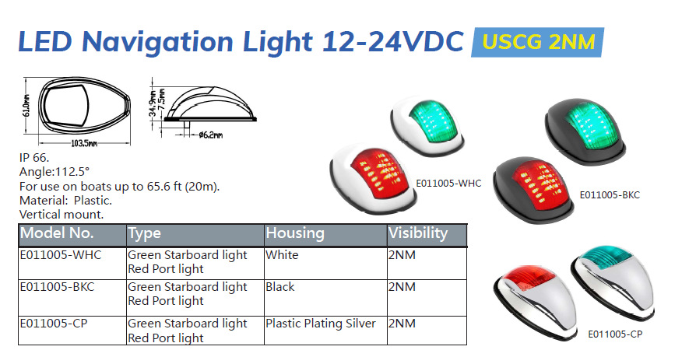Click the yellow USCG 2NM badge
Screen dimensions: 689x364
tap(538, 42)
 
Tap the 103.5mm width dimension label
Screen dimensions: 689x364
tap(84, 143)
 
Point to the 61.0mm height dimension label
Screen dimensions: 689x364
tap(26, 106)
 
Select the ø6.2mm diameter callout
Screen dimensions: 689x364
tap(210, 135)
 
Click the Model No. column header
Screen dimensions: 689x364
tap(57, 233)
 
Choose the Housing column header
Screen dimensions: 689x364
tap(295, 233)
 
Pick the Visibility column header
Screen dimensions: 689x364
tap(418, 233)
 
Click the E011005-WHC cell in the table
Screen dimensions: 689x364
tap(61, 255)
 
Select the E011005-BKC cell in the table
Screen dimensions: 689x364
tap(57, 287)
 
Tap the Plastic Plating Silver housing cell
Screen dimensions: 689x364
tap(320, 324)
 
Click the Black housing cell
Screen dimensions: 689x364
tap(280, 287)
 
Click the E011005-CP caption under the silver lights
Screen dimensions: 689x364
tap(615, 334)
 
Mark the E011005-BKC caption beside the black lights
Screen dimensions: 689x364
tap(610, 195)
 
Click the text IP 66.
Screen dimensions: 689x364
tap(34, 158)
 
